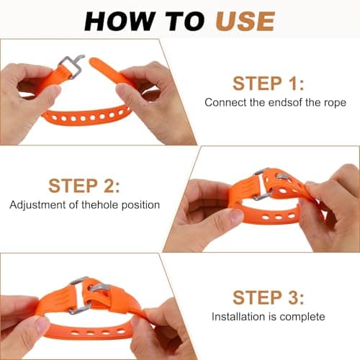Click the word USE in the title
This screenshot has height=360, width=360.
click(x=245, y=22)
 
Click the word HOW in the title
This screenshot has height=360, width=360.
click(x=120, y=22)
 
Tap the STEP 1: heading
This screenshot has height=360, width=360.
click(x=269, y=84)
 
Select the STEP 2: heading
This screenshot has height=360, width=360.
click(x=84, y=186)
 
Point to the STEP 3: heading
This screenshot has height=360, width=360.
click(x=269, y=297)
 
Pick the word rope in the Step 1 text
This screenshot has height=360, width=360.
click(x=335, y=103)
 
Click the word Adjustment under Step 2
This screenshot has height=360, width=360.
click(x=37, y=205)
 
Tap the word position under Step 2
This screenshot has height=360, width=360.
click(x=140, y=205)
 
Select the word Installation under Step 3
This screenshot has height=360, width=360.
click(x=238, y=317)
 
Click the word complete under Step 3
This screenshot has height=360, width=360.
click(x=302, y=318)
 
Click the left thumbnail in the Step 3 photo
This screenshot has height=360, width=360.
click(x=41, y=323)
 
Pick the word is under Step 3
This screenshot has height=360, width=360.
click(x=272, y=317)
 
